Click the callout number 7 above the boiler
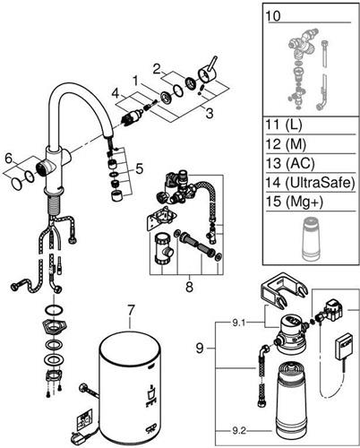(x=131, y=312)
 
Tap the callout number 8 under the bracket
(x=189, y=288)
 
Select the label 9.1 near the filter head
(x=239, y=323)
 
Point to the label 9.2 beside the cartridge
(x=239, y=431)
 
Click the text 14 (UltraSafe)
(x=310, y=182)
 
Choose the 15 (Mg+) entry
(x=294, y=202)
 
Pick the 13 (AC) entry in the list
(x=290, y=163)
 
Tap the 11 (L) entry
(x=284, y=125)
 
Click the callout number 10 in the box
(x=273, y=15)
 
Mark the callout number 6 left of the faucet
(x=9, y=159)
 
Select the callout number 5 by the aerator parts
(x=140, y=169)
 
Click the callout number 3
(x=210, y=113)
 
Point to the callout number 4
(x=116, y=94)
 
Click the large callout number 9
(x=200, y=349)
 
